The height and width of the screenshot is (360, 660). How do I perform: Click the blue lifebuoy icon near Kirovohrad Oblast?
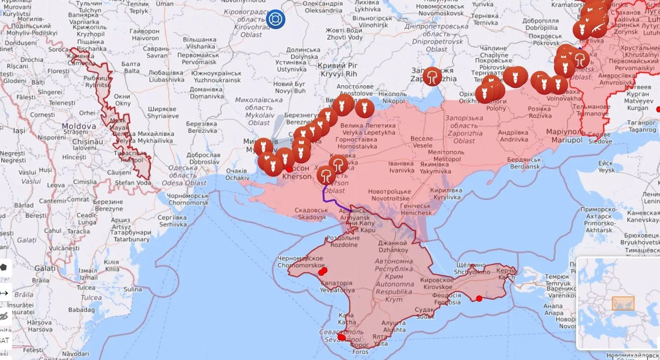click(276, 19)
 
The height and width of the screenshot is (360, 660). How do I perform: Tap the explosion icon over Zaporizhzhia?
click(432, 76)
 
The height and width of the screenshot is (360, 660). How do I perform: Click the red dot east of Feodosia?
click(479, 299)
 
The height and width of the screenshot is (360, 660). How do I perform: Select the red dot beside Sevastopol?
click(342, 337)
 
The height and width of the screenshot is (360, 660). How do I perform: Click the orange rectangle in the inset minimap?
click(623, 303)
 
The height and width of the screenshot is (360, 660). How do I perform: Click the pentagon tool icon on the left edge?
click(4, 267)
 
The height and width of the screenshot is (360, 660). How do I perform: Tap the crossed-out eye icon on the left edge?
click(4, 316)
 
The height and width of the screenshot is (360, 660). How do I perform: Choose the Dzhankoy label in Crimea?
click(393, 247)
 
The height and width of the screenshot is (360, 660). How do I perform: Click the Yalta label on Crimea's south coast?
click(380, 340)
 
